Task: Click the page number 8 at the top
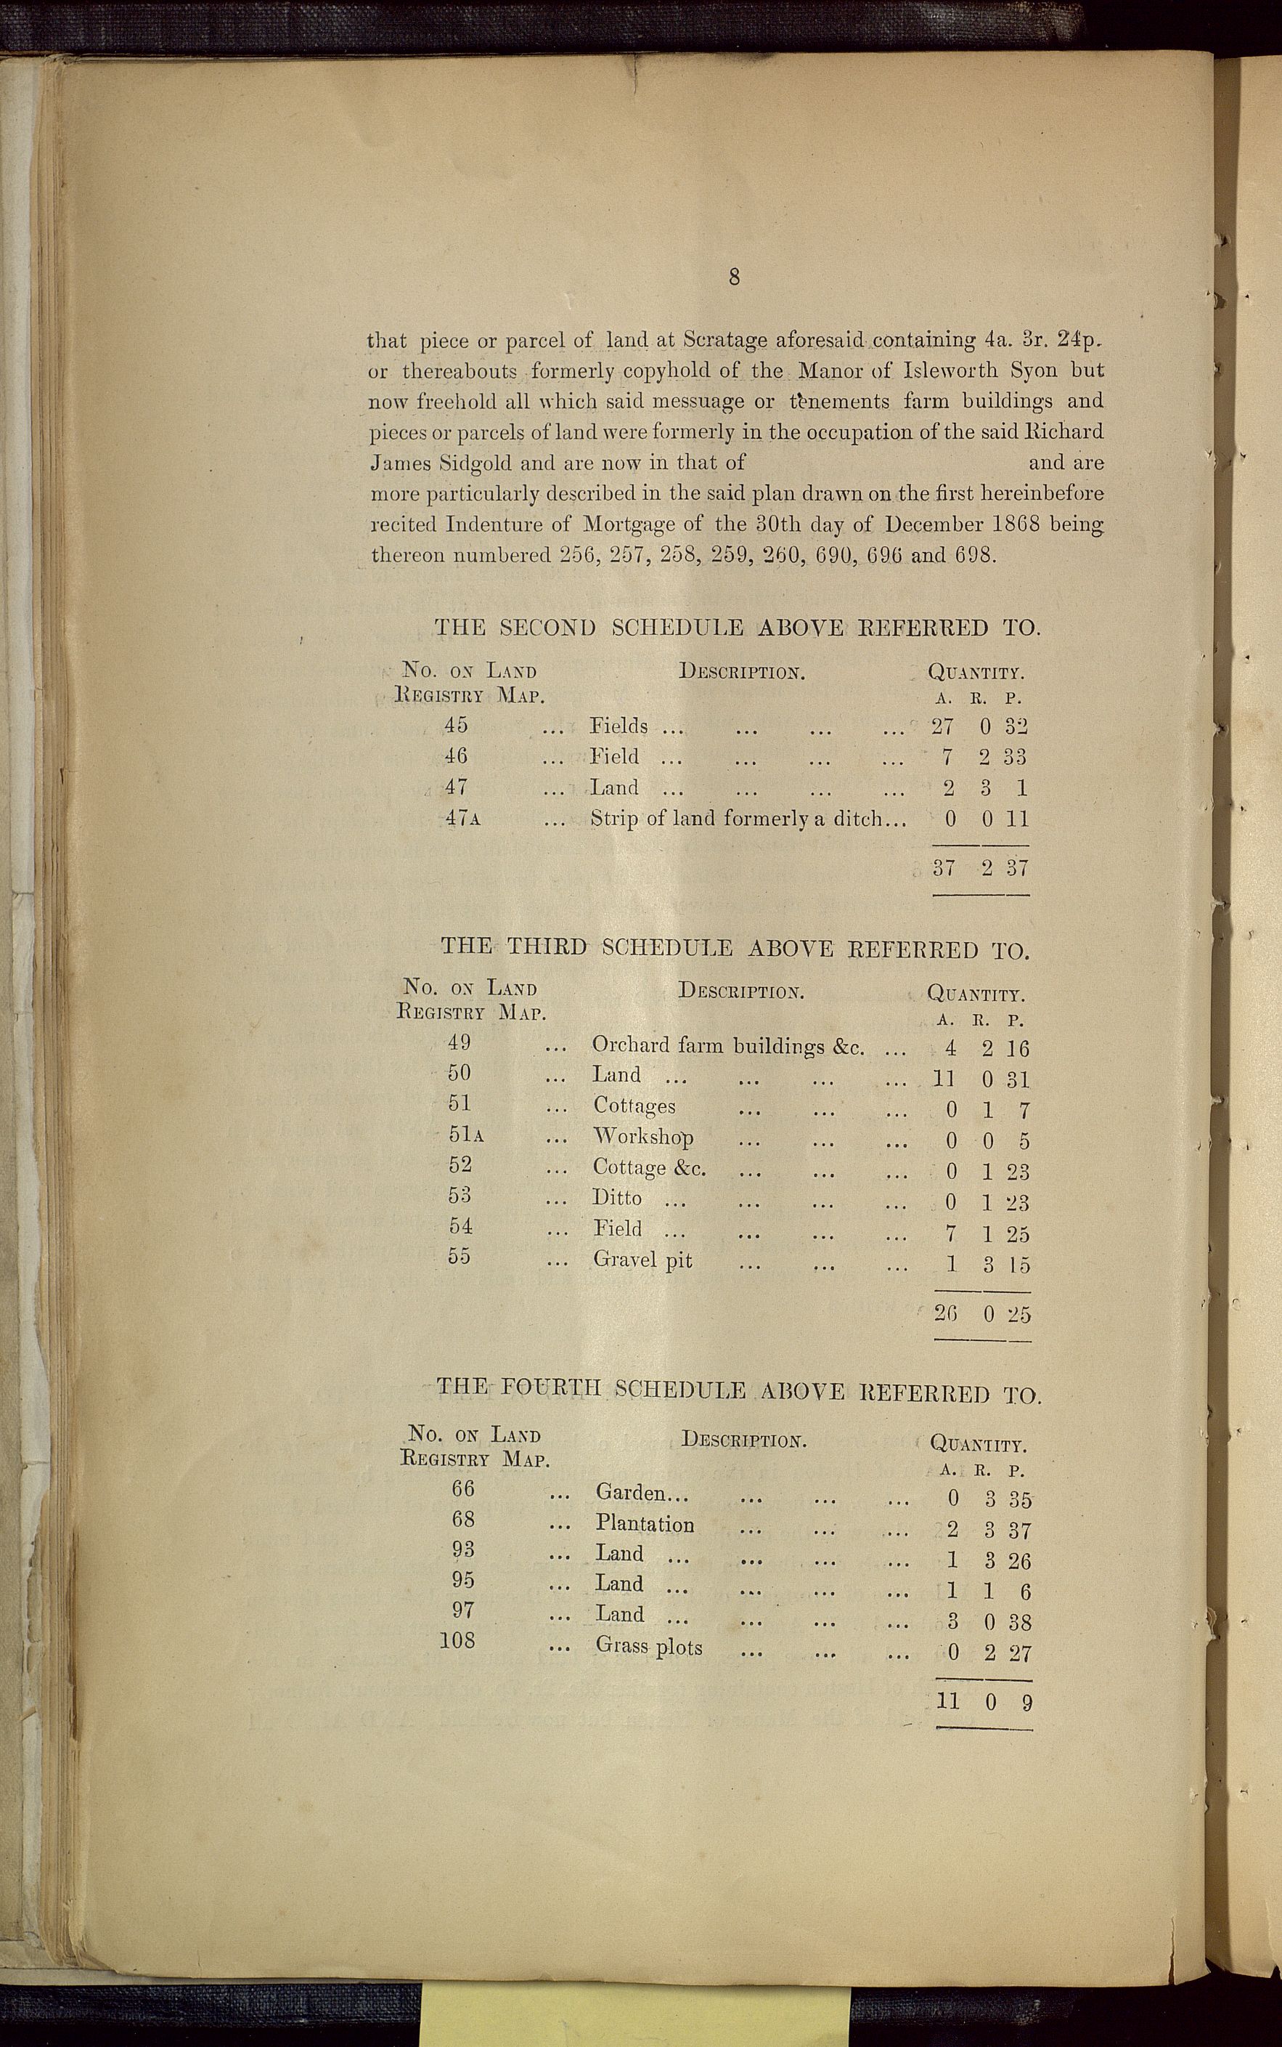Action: (x=734, y=277)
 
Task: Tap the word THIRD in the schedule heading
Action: (x=547, y=947)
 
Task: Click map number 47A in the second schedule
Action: (x=463, y=819)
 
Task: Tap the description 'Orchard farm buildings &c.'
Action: (x=728, y=1046)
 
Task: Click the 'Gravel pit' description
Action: (x=642, y=1260)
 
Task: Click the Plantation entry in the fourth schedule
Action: (x=645, y=1525)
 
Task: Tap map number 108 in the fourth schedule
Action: (x=458, y=1641)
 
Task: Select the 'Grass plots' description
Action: (x=649, y=1647)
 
